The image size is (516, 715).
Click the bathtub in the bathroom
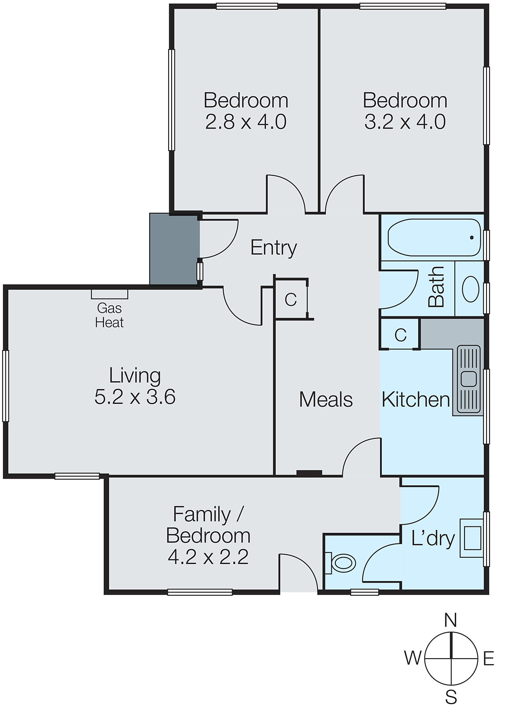click(x=433, y=237)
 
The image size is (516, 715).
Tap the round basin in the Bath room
click(x=470, y=289)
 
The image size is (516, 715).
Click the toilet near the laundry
click(x=342, y=563)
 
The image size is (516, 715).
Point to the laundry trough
click(x=472, y=538)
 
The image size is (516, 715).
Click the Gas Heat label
click(x=109, y=315)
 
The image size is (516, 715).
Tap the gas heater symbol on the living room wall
click(x=110, y=294)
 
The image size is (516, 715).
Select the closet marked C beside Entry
click(x=291, y=299)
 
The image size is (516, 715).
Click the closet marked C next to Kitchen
click(x=400, y=334)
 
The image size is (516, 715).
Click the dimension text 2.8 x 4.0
click(x=245, y=122)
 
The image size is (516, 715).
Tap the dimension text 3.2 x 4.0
click(x=405, y=122)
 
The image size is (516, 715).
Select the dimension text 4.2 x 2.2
click(x=208, y=557)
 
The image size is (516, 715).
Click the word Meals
click(x=326, y=399)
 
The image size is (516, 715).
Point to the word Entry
click(x=273, y=247)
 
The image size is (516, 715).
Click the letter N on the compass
click(x=450, y=620)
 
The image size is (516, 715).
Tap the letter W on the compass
click(x=412, y=658)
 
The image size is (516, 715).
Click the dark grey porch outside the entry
click(x=174, y=248)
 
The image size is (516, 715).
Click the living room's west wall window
click(x=5, y=386)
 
